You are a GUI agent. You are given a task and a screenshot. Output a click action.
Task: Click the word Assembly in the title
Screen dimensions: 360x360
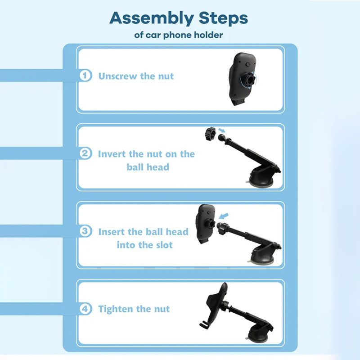pos(152,19)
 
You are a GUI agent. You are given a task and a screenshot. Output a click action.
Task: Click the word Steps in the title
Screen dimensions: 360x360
pos(223,18)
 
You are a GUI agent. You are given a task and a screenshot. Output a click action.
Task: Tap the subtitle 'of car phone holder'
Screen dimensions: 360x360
pos(179,35)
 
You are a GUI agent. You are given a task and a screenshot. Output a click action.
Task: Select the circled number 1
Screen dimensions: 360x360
pos(85,76)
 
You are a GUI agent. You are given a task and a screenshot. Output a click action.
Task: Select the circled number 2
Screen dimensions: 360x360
pos(85,153)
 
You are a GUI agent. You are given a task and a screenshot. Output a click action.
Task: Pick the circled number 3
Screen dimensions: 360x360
pos(85,231)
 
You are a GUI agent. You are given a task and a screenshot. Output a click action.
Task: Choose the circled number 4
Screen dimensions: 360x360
pos(85,309)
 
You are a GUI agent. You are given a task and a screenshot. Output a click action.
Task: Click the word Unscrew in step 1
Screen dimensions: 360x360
pos(117,76)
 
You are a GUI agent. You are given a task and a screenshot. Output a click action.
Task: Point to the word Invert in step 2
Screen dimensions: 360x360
pos(112,154)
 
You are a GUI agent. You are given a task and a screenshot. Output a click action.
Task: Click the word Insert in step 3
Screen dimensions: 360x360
pos(112,232)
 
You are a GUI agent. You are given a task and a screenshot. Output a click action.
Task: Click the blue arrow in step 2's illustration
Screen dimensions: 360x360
pos(222,130)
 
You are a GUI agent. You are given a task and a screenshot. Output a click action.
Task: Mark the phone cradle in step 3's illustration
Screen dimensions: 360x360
pos(206,224)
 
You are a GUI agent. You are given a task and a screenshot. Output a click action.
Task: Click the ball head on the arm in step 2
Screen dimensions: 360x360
pos(223,138)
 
